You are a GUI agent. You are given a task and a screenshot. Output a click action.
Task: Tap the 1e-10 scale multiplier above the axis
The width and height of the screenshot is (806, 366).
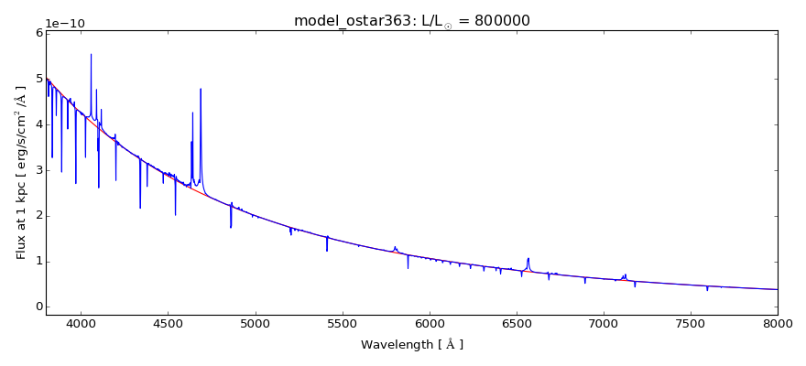coord(67,24)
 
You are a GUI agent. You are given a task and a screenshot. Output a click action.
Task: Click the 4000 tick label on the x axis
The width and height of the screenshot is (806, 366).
coord(81,322)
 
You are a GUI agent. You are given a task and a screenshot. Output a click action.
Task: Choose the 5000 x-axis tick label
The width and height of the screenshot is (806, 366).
coord(255,322)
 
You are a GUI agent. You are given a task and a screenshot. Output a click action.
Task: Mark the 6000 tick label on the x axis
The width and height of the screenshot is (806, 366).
coord(430,322)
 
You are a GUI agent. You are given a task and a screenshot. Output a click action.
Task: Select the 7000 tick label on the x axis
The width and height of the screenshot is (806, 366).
coord(604,322)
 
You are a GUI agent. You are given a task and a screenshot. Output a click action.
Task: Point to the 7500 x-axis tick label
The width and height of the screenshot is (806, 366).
coord(691,322)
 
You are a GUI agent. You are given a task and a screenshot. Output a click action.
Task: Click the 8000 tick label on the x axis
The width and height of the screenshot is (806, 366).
coord(778,322)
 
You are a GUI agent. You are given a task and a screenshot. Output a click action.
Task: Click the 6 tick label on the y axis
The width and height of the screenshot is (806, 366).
coord(38,33)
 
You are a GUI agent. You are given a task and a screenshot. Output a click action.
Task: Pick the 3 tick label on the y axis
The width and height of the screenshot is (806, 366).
coord(38,170)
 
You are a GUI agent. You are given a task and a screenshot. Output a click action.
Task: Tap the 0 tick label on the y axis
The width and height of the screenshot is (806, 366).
coord(38,307)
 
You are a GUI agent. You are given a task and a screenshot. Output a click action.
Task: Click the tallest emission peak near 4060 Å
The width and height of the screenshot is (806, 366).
coord(91,55)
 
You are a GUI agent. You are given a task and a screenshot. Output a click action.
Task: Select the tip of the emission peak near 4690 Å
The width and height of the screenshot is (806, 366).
coord(201,90)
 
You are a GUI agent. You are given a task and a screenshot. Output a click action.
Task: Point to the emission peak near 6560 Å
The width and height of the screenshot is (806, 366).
coord(528,258)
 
